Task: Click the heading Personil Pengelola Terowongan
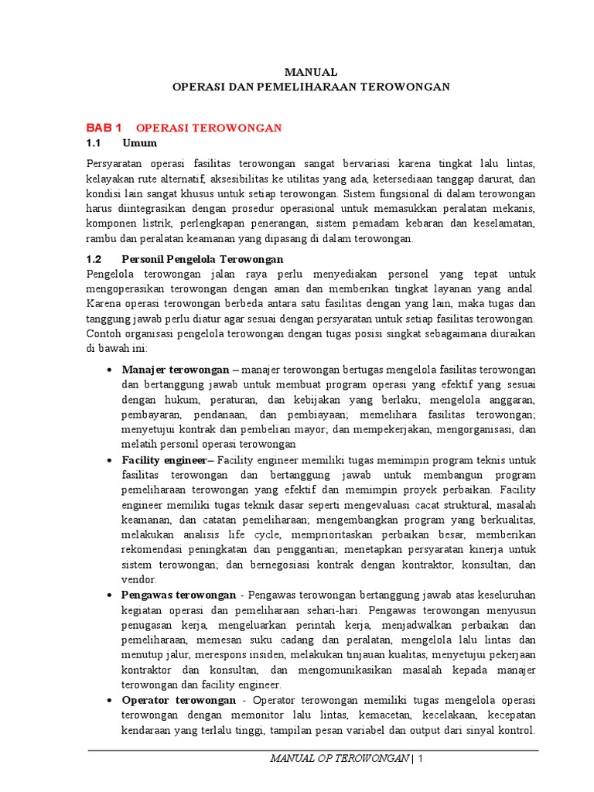[203, 258]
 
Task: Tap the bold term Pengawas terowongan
[179, 595]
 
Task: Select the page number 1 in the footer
[421, 759]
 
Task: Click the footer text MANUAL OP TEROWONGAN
[339, 759]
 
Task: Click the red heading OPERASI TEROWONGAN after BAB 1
[209, 127]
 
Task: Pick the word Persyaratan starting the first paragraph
[115, 164]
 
